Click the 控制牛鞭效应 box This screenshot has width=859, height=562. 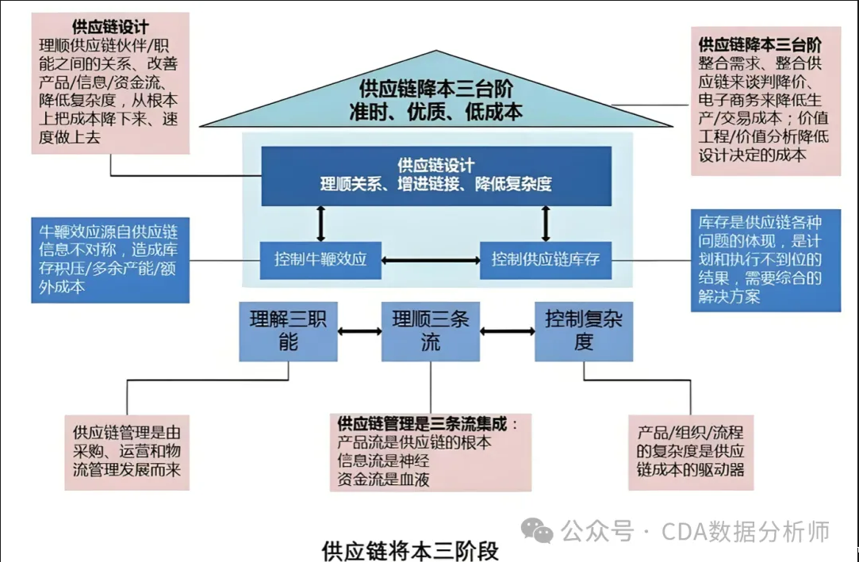pyautogui.click(x=320, y=259)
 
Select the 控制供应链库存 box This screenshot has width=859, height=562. pyautogui.click(x=546, y=259)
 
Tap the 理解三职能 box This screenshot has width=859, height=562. pyautogui.click(x=288, y=331)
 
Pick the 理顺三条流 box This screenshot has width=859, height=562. pyautogui.click(x=431, y=331)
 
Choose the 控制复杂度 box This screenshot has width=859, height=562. pyautogui.click(x=584, y=331)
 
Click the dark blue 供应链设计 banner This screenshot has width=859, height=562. pyautogui.click(x=436, y=174)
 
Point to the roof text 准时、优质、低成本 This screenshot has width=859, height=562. pyautogui.click(x=436, y=112)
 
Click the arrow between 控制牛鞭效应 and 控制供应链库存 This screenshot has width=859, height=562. pyautogui.click(x=431, y=259)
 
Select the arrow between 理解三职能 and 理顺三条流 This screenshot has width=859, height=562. pyautogui.click(x=359, y=330)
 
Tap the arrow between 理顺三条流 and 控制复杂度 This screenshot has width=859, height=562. pyautogui.click(x=507, y=330)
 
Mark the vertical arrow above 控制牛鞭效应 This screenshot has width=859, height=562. pyautogui.click(x=320, y=223)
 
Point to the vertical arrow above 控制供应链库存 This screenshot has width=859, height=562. pyautogui.click(x=546, y=223)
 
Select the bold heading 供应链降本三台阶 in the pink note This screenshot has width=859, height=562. pyautogui.click(x=759, y=44)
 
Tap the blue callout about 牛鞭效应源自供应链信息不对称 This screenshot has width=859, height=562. pyautogui.click(x=110, y=259)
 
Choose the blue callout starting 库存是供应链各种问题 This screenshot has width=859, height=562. pyautogui.click(x=765, y=259)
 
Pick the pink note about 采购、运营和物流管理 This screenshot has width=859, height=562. pyautogui.click(x=127, y=452)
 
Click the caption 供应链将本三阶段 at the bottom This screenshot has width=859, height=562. pyautogui.click(x=410, y=550)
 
